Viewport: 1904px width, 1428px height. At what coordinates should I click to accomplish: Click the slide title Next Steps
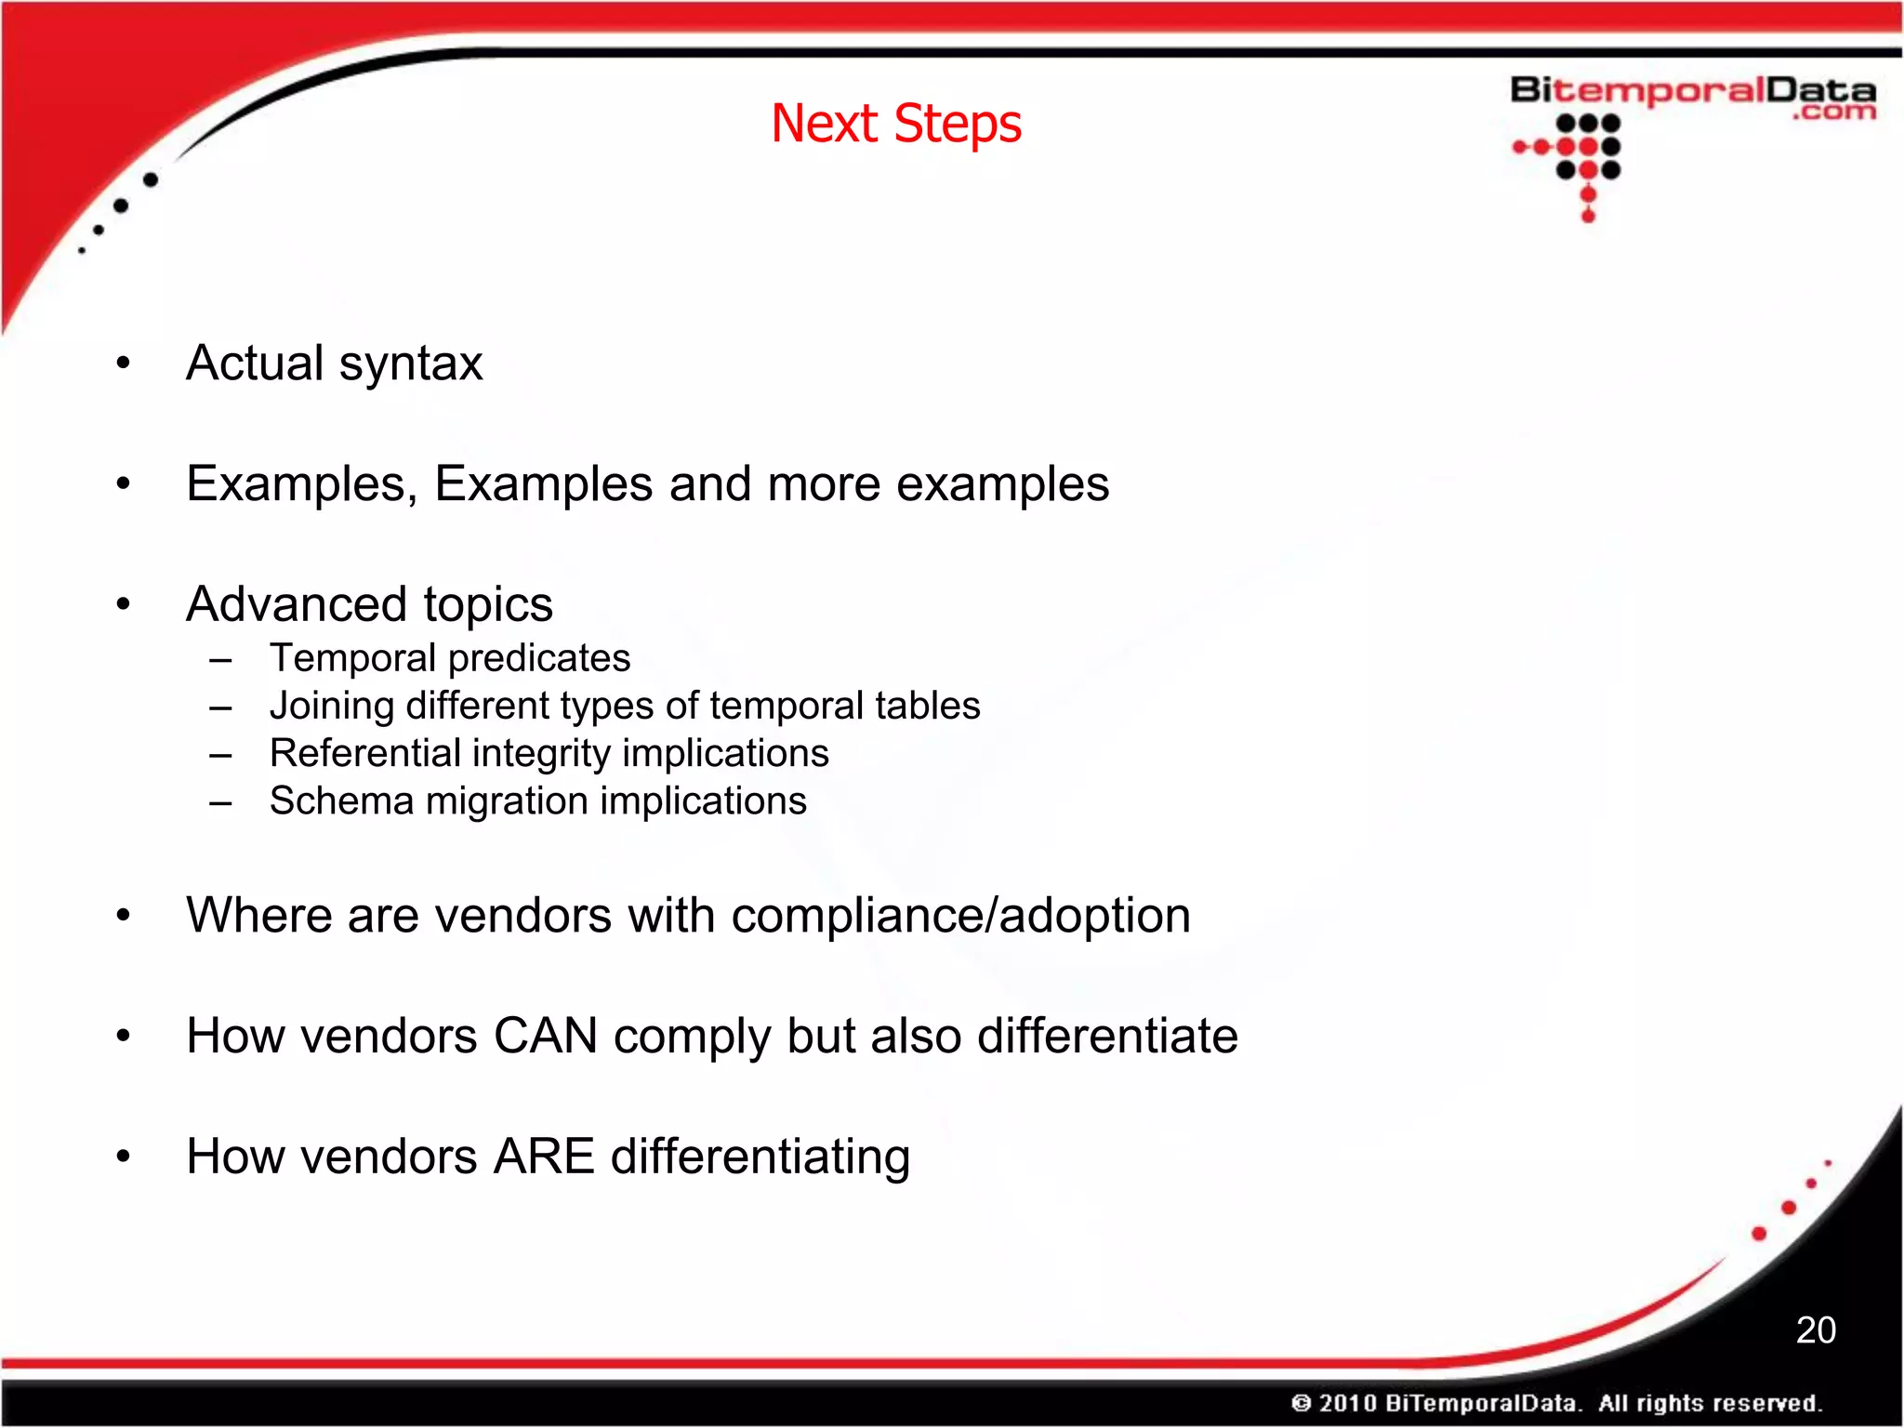(x=896, y=124)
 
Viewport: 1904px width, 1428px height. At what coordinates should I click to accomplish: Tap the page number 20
(x=1815, y=1330)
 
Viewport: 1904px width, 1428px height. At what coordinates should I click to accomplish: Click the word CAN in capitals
(x=546, y=1036)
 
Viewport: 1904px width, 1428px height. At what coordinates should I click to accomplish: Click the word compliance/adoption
(x=960, y=916)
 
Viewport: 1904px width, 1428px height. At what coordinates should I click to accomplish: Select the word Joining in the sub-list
(x=331, y=707)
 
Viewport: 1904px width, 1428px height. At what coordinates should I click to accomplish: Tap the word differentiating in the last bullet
(x=760, y=1157)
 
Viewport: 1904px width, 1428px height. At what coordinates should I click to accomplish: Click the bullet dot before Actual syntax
(x=124, y=364)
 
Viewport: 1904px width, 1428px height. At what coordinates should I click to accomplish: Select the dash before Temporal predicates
(x=220, y=660)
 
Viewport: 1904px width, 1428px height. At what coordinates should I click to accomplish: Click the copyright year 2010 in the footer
(x=1346, y=1403)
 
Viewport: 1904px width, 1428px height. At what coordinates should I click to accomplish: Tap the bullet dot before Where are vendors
(x=124, y=916)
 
